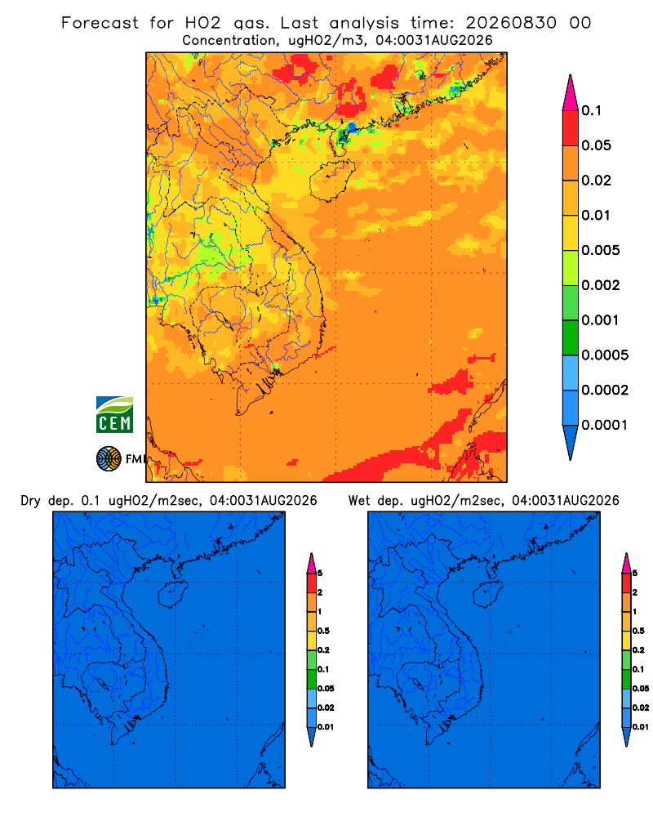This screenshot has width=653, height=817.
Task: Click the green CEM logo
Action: pos(114,415)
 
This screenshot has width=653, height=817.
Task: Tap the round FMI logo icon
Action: pos(109,458)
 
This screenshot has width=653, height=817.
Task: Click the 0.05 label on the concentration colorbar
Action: pos(596,145)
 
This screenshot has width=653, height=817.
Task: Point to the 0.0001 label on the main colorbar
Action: pos(604,425)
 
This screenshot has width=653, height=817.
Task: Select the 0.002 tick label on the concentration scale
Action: pos(601,285)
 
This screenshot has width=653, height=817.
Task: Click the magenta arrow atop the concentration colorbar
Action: pos(571,93)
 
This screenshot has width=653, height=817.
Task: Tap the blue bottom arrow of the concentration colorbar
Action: pos(571,442)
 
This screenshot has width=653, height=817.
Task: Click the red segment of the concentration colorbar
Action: pos(571,128)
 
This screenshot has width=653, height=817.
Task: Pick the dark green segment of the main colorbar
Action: pos(571,337)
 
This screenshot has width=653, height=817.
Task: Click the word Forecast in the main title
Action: pos(100,23)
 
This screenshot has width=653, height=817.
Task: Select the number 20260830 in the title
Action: pos(511,23)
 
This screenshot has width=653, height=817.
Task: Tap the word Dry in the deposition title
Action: pos(31,501)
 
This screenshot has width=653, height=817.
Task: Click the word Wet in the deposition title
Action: pos(359,501)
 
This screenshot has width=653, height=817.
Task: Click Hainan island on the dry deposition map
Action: pos(172,595)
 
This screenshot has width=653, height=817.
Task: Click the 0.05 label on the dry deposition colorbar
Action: pos(326,688)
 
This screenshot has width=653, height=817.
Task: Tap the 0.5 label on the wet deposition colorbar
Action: pos(638,631)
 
